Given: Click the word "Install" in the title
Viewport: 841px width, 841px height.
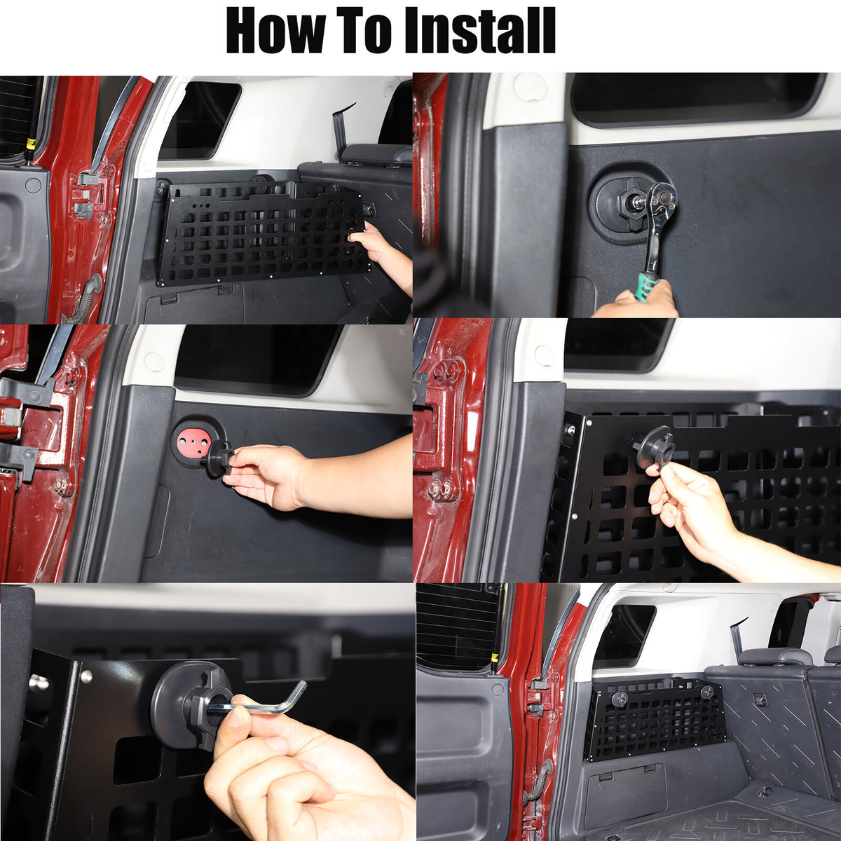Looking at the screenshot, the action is pyautogui.click(x=480, y=31).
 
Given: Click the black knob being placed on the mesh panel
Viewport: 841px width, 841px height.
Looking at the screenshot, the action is pyautogui.click(x=654, y=450).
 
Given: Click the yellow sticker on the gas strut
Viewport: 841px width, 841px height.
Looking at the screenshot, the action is pyautogui.click(x=31, y=143).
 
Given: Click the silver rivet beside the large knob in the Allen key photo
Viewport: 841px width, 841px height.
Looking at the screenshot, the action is pyautogui.click(x=87, y=677).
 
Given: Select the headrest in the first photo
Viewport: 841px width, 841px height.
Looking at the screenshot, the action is pyautogui.click(x=376, y=154).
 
